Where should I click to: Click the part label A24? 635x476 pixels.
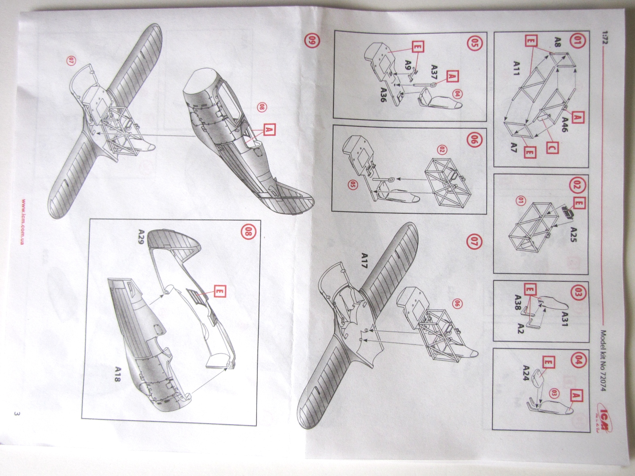coord(526,373)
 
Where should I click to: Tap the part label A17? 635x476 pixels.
coord(365,259)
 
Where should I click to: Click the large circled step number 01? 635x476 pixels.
coord(576,42)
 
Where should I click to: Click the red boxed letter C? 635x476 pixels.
coord(551,148)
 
